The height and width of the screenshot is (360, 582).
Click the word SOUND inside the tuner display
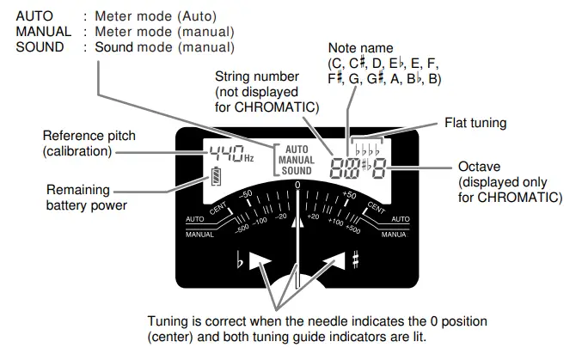click(x=297, y=171)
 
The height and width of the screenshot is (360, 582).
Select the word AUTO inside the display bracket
click(x=296, y=149)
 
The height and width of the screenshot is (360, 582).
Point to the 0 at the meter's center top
click(x=297, y=185)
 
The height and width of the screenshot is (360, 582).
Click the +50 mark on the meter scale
click(x=348, y=196)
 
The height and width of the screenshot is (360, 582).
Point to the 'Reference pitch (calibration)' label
click(x=89, y=143)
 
